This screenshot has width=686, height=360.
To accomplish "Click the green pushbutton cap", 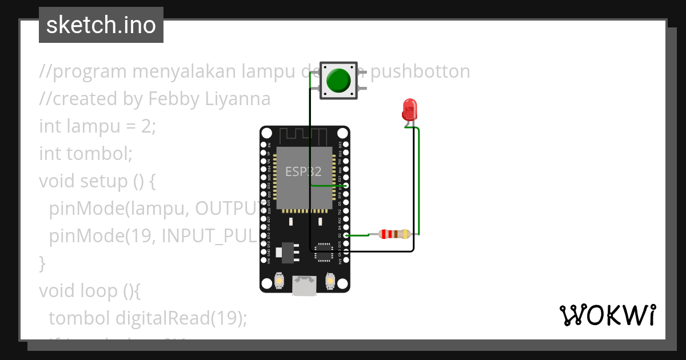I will point(339,81).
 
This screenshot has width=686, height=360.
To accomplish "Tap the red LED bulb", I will point(409,108).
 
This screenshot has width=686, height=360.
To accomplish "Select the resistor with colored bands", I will point(390,234).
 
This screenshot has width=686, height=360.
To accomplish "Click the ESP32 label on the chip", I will point(303,171).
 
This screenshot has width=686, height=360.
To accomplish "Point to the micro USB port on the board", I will point(304,286).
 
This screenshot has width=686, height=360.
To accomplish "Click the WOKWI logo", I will point(607,315).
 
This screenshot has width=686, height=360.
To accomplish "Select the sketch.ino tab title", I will point(101,25).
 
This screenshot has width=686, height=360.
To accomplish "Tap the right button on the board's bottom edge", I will point(330,281).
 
